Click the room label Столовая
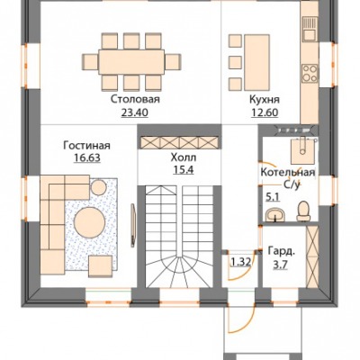[x=135, y=99]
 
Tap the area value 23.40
[x=135, y=112]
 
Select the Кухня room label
[x=265, y=99]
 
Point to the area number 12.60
[x=265, y=112]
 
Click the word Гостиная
[x=86, y=146]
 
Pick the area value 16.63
[x=87, y=157]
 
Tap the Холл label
[x=184, y=157]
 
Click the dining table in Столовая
[x=131, y=62]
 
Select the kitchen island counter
[x=256, y=62]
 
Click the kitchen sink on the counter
[x=310, y=29]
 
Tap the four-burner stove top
[x=310, y=73]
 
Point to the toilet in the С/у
[x=303, y=211]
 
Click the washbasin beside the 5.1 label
[x=275, y=215]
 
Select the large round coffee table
[x=90, y=222]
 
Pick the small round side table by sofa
[x=98, y=187]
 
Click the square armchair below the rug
[x=101, y=266]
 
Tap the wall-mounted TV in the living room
[x=133, y=225]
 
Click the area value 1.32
[x=240, y=262]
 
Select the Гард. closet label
[x=281, y=251]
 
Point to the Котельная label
[x=288, y=173]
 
